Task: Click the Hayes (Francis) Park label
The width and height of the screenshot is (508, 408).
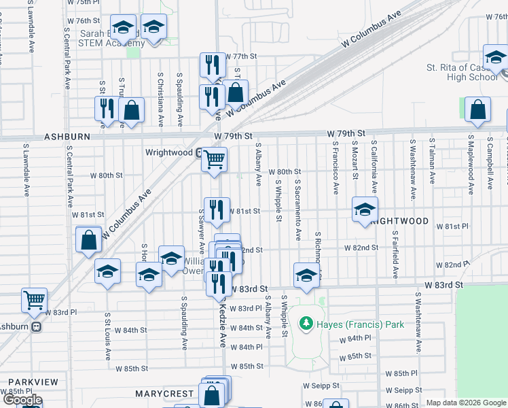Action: pyautogui.click(x=360, y=324)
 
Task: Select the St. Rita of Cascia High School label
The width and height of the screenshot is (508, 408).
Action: pyautogui.click(x=462, y=72)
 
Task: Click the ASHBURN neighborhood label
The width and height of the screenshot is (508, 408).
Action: pyautogui.click(x=67, y=136)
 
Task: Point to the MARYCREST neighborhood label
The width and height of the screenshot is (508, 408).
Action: pyautogui.click(x=165, y=394)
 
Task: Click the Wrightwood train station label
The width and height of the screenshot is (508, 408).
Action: pyautogui.click(x=169, y=152)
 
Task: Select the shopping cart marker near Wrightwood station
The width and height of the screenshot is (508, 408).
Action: pyautogui.click(x=215, y=160)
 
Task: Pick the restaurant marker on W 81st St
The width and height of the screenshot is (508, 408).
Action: pyautogui.click(x=217, y=210)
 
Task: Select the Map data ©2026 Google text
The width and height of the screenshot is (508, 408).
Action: pyautogui.click(x=466, y=403)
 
